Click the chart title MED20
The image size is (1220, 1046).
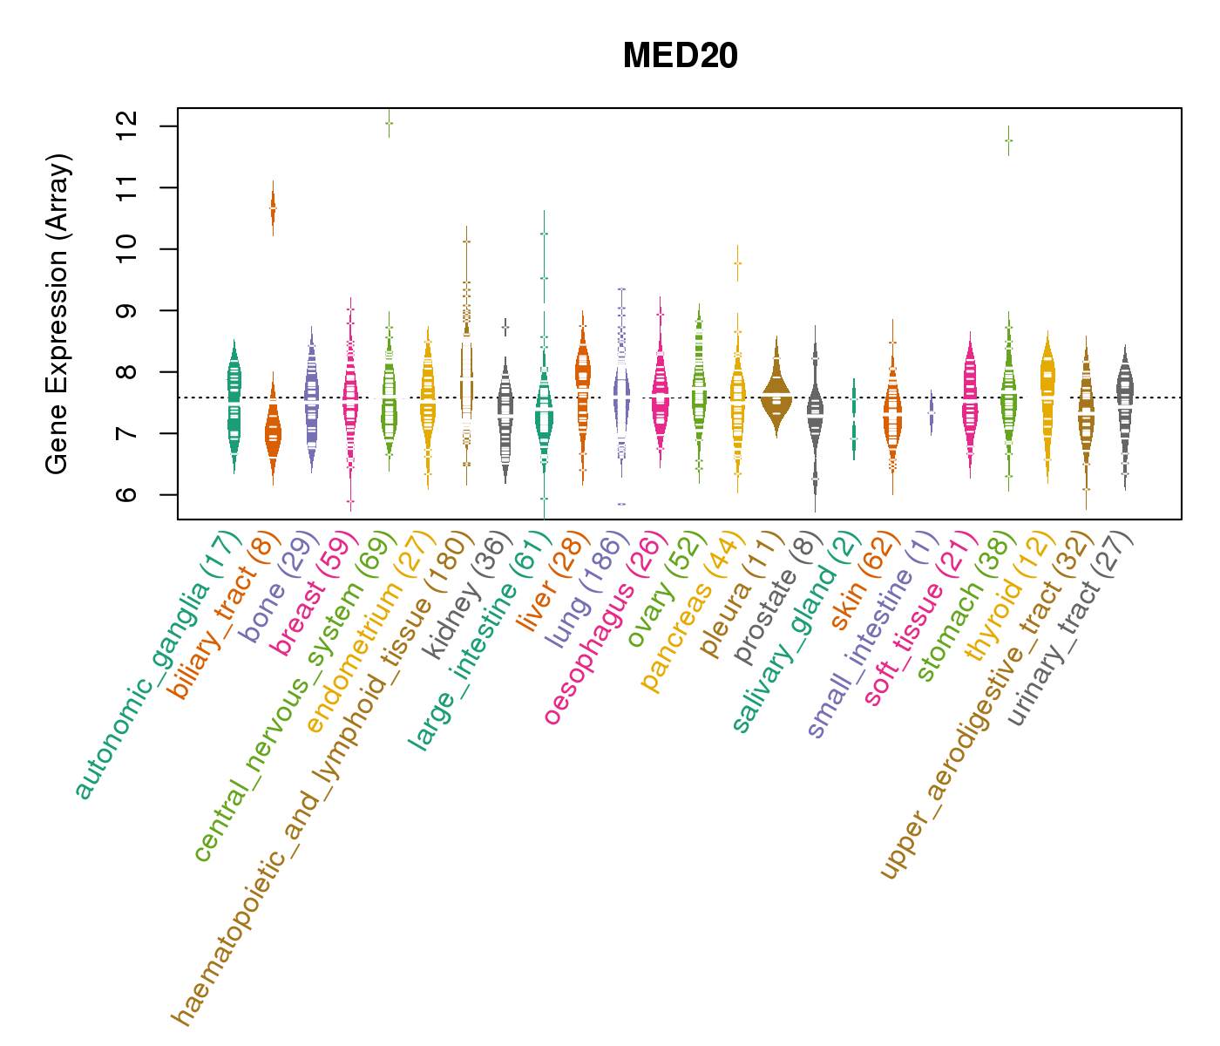click(x=680, y=57)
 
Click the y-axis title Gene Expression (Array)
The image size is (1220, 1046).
click(x=58, y=314)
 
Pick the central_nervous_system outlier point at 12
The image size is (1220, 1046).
click(x=389, y=124)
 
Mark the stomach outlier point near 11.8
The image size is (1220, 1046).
click(x=1008, y=140)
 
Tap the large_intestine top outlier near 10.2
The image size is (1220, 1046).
click(x=544, y=234)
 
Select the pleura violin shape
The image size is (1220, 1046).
click(x=776, y=397)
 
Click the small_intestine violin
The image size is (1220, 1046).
click(x=932, y=411)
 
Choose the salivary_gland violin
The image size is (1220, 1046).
click(x=854, y=418)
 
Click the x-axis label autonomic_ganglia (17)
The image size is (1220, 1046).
click(x=157, y=667)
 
